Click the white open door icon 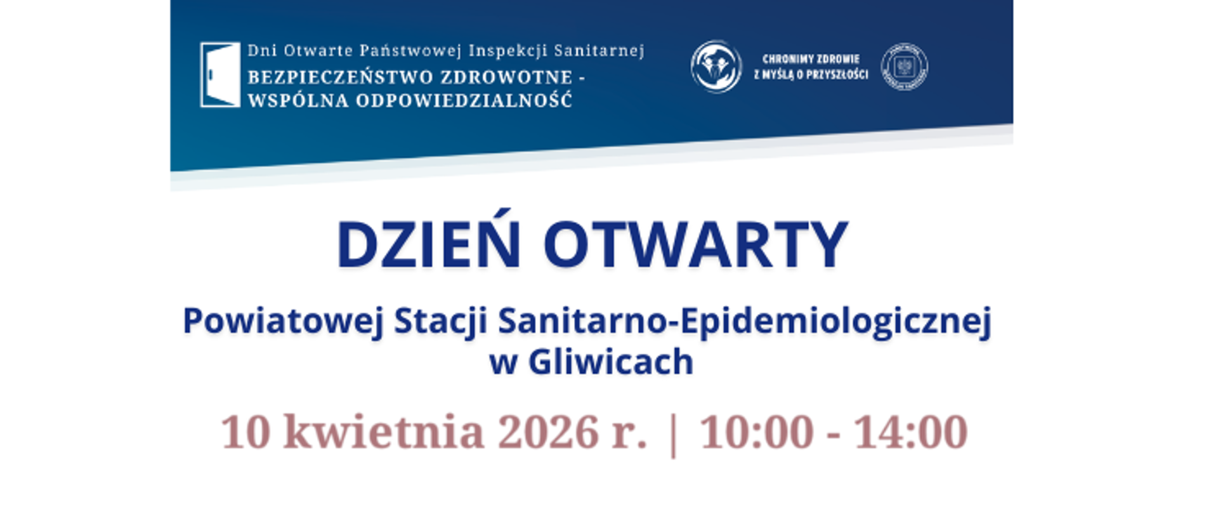point(220,75)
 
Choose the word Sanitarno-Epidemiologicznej point(744,321)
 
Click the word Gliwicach point(610,362)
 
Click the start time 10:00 point(756,432)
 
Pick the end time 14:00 point(910,432)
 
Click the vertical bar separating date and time point(673,434)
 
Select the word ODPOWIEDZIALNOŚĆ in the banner point(464,100)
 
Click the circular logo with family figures point(716,67)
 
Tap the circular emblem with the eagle point(904,67)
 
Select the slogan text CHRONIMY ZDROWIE point(811,59)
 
